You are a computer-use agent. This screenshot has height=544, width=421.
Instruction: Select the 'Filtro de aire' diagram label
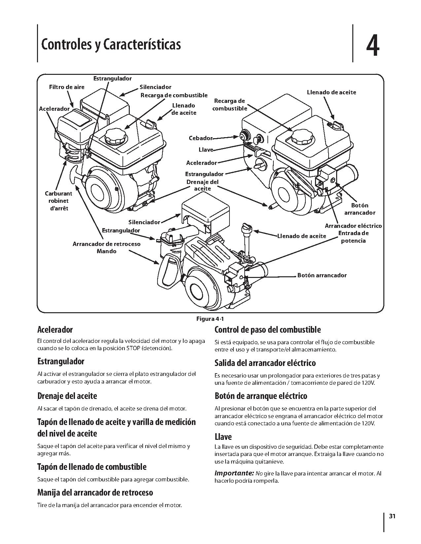(67, 87)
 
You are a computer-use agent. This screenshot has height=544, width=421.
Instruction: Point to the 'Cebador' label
(200, 138)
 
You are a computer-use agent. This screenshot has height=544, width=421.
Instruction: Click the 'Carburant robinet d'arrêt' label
(58, 201)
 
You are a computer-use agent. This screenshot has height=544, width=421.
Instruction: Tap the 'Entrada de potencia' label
(353, 237)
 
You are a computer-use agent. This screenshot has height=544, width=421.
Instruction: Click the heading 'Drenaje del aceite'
(67, 396)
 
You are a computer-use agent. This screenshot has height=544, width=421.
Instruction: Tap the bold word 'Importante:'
(234, 473)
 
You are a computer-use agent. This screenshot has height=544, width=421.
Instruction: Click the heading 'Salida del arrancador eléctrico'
(265, 363)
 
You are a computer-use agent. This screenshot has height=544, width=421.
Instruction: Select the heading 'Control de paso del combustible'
(267, 330)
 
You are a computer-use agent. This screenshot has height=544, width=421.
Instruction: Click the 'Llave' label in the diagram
(206, 150)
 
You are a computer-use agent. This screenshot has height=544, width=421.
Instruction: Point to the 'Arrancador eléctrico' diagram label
(353, 226)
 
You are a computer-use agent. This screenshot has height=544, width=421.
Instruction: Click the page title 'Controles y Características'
(111, 44)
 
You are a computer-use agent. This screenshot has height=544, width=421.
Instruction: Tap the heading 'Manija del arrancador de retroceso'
(95, 493)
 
